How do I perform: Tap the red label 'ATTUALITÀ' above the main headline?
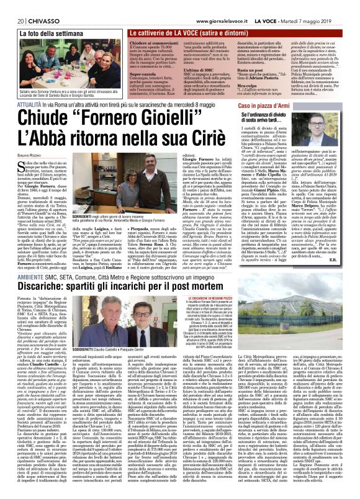(25, 106)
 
